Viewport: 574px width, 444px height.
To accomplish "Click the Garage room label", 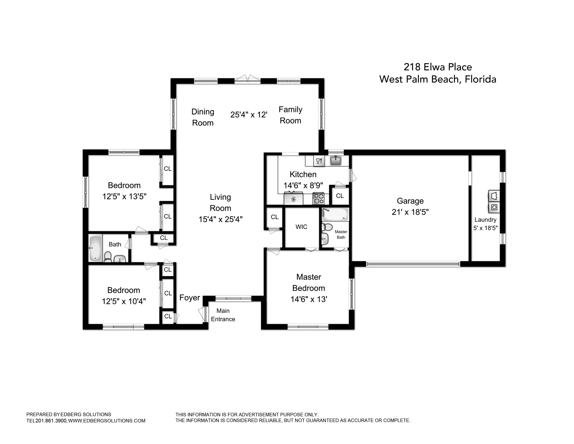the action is tap(410, 201).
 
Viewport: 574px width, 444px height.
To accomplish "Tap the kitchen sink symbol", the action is tap(336, 161).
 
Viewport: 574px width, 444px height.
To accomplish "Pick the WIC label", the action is tap(301, 227).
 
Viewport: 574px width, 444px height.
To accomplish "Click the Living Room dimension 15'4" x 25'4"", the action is tap(220, 219).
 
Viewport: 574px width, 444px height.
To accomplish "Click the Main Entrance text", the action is tap(223, 315).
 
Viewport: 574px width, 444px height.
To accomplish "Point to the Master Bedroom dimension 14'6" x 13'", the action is tap(309, 299).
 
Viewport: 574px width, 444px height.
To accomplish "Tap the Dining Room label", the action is tap(203, 117).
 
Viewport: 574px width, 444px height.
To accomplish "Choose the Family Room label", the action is tap(290, 115).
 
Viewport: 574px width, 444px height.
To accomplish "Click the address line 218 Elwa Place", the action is tap(438, 67).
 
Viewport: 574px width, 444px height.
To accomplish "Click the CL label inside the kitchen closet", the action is tap(340, 196).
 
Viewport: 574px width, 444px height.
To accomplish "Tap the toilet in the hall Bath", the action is tap(108, 256).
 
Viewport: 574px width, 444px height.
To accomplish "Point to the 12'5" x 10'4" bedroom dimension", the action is tap(124, 301).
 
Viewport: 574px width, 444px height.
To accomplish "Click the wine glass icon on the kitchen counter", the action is tap(319, 161).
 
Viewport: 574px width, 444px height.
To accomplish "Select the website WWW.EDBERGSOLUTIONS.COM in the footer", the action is tap(107, 421).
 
